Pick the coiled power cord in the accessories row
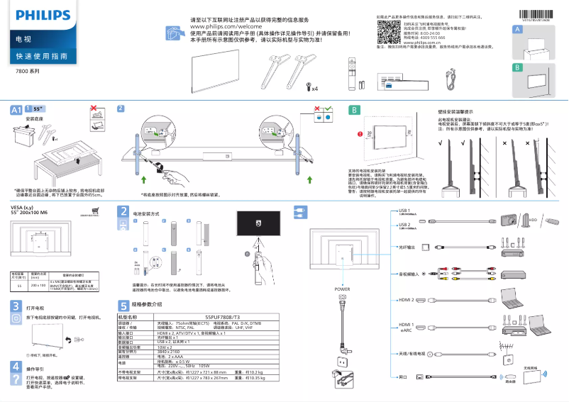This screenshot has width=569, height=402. coord(449,77)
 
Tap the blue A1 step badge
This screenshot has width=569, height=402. coord(16,110)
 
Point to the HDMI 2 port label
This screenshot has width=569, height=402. coord(406,301)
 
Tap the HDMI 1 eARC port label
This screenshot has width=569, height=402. coord(406,327)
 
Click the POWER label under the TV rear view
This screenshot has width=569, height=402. coord(342,290)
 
